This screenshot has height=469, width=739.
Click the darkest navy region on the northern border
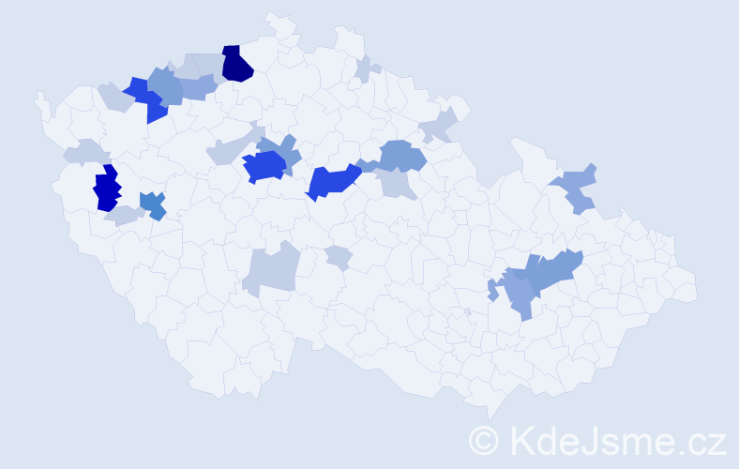coord(237,64)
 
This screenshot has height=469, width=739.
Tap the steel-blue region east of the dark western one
coord(152,204)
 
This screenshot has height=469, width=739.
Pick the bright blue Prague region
coord(264,167)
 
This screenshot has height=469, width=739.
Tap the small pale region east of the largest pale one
coord(339,257)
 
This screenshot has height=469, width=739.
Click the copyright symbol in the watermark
coord(485,440)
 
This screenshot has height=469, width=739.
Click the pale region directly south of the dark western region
coord(123,216)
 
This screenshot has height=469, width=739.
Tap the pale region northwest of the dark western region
coord(85,151)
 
